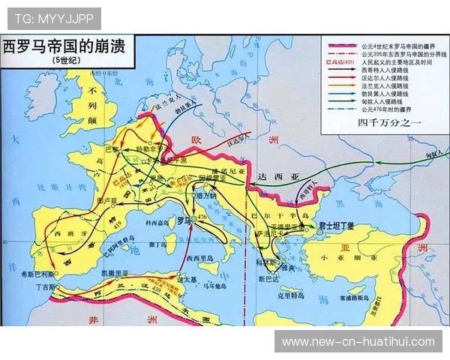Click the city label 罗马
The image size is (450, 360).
[x=182, y=220]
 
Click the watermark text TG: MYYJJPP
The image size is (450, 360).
[x=52, y=17]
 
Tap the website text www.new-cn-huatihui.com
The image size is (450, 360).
[x=358, y=341]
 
